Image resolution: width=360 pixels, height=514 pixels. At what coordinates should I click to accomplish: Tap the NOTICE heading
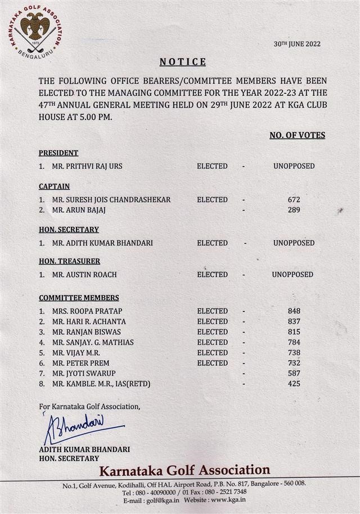tap(183, 62)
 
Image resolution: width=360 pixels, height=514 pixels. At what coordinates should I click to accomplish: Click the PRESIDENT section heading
tap(58, 153)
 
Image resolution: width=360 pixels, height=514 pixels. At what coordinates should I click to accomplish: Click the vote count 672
tap(294, 200)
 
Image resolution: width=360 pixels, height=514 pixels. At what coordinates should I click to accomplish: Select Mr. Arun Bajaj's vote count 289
tap(294, 210)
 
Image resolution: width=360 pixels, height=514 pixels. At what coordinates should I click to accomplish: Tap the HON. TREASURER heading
tap(70, 261)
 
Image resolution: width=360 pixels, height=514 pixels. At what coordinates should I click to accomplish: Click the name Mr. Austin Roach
tap(82, 275)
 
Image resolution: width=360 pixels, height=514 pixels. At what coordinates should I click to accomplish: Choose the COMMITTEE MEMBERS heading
tap(79, 298)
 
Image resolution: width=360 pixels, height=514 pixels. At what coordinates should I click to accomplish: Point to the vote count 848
tap(294, 311)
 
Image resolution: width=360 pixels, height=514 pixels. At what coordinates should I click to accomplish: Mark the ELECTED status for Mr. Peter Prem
tap(212, 363)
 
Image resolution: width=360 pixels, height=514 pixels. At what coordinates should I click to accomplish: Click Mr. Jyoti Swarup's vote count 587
tap(294, 373)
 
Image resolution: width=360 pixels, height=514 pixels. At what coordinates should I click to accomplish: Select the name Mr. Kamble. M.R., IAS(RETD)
tap(101, 384)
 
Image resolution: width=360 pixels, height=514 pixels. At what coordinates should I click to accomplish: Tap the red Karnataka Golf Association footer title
tap(184, 470)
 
